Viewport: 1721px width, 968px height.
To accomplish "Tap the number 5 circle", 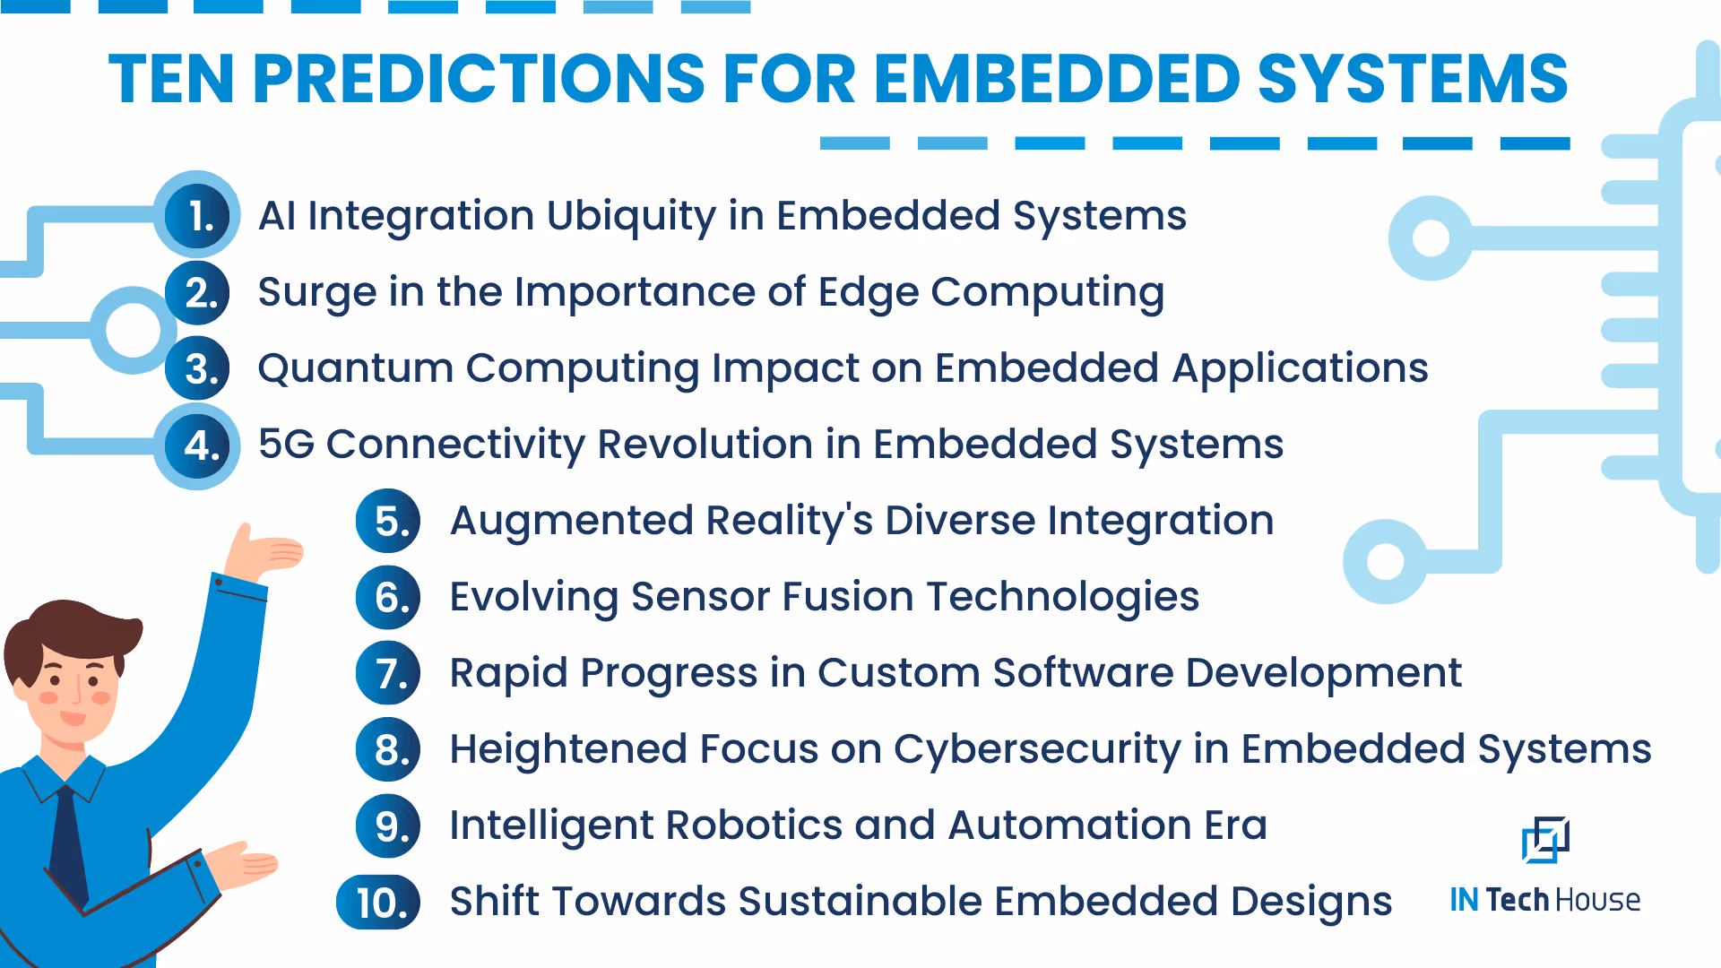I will [388, 521].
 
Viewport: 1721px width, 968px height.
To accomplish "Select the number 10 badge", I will [379, 902].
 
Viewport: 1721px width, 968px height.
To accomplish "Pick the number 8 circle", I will [388, 749].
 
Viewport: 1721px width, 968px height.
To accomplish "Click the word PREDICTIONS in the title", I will [479, 79].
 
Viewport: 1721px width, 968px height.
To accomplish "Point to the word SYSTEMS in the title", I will [1412, 79].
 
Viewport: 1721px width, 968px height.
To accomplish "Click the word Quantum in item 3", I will [355, 368].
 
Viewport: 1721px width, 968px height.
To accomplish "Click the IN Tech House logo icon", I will [1545, 840].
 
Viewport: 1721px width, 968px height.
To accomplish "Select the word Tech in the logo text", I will [1517, 900].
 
